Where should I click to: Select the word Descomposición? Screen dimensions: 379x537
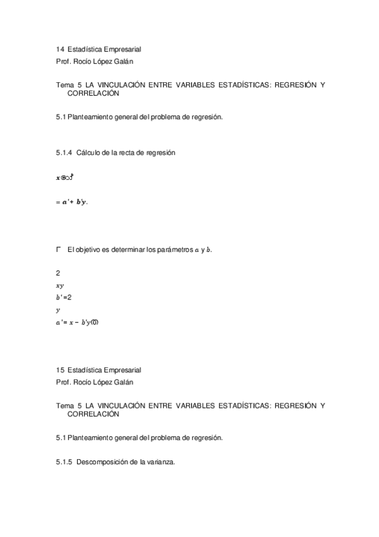pyautogui.click(x=102, y=462)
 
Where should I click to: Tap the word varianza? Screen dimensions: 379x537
pyautogui.click(x=158, y=462)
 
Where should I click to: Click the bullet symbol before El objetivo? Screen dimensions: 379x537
pyautogui.click(x=58, y=250)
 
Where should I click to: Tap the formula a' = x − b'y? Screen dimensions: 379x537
pyautogui.click(x=77, y=322)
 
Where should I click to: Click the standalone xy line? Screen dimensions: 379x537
pyautogui.click(x=59, y=286)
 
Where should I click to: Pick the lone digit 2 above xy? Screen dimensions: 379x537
pyautogui.click(x=58, y=273)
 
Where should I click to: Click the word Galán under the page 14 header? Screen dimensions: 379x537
pyautogui.click(x=122, y=61)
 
